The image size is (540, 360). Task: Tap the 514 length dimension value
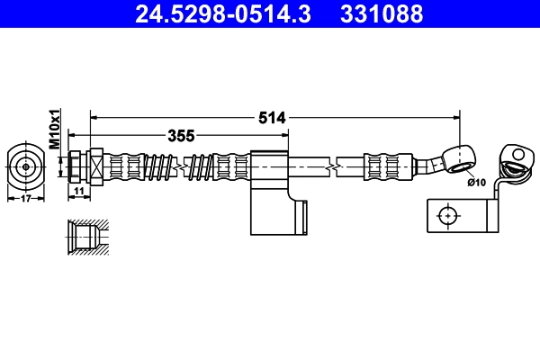click(x=271, y=117)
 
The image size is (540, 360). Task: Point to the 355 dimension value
click(x=182, y=136)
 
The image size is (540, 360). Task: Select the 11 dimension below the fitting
click(x=78, y=192)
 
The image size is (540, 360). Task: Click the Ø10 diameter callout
click(x=476, y=183)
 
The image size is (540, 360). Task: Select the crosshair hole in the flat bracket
click(x=447, y=215)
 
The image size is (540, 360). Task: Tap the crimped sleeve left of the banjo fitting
click(x=390, y=166)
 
